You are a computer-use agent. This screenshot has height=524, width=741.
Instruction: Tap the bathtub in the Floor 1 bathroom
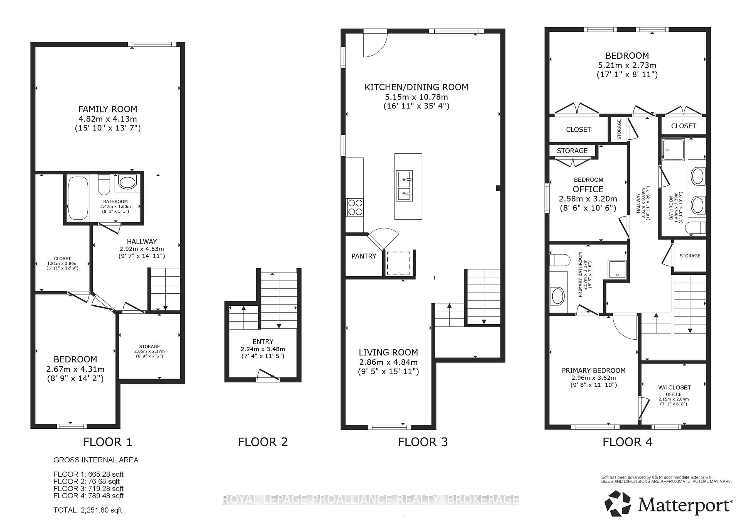point(78,198)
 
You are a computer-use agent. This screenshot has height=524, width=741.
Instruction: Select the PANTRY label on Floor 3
point(364,256)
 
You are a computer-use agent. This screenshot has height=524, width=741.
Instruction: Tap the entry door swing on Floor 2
point(268,375)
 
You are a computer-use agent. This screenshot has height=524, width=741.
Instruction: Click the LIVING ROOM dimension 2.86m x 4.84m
point(388,362)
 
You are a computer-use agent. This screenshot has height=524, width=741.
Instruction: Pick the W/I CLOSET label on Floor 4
point(674,387)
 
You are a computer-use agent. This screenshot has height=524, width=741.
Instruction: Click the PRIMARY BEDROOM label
point(594,370)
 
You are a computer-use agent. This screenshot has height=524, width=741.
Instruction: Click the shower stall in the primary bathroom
point(617,269)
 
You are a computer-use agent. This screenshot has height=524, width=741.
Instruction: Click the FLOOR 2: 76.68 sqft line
point(86,481)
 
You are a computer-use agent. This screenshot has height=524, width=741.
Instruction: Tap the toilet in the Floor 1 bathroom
point(104,185)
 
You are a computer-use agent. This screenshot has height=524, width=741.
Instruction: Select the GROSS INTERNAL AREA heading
point(96,460)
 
